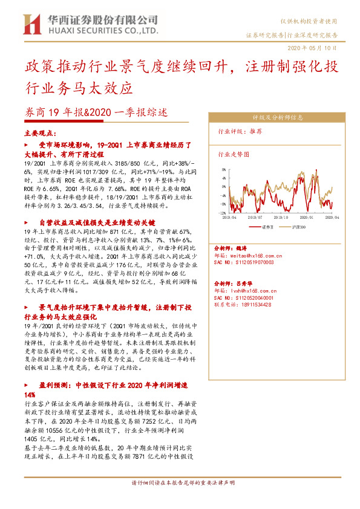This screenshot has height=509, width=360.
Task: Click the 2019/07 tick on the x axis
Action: pyautogui.click(x=257, y=216)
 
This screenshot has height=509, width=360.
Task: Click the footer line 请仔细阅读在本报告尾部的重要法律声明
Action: pyautogui.click(x=180, y=484)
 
